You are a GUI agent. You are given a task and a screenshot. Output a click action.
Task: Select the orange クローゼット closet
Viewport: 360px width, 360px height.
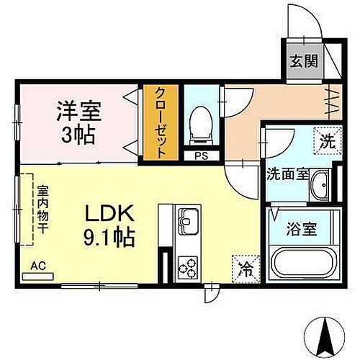click(x=160, y=123)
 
